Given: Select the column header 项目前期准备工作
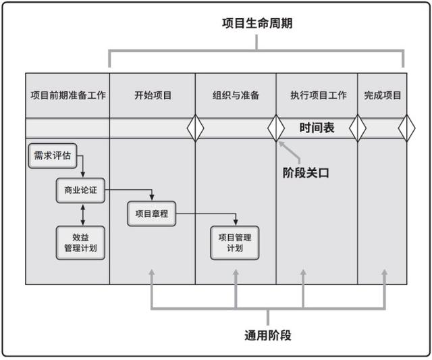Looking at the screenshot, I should point(68,95).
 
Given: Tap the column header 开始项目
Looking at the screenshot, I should point(153,95).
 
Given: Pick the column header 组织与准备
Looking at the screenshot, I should point(236,95).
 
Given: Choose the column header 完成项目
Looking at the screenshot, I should point(382,95).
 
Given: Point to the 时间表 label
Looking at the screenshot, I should point(317,128).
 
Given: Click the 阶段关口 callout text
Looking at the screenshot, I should point(305,172).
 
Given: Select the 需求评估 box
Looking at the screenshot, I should point(52,155).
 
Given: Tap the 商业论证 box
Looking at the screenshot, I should point(80,190).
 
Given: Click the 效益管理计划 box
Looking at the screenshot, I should point(80,242).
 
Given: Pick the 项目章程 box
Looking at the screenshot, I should point(151,214).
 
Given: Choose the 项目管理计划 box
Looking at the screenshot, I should point(235,242).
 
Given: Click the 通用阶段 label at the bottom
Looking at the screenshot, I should point(267,335).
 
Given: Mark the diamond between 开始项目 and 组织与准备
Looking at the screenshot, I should point(195,128).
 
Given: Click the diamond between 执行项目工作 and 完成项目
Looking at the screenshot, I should point(357,128).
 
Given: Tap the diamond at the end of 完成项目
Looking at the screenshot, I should point(406,128).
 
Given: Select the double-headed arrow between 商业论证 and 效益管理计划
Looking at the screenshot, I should point(82,214).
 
